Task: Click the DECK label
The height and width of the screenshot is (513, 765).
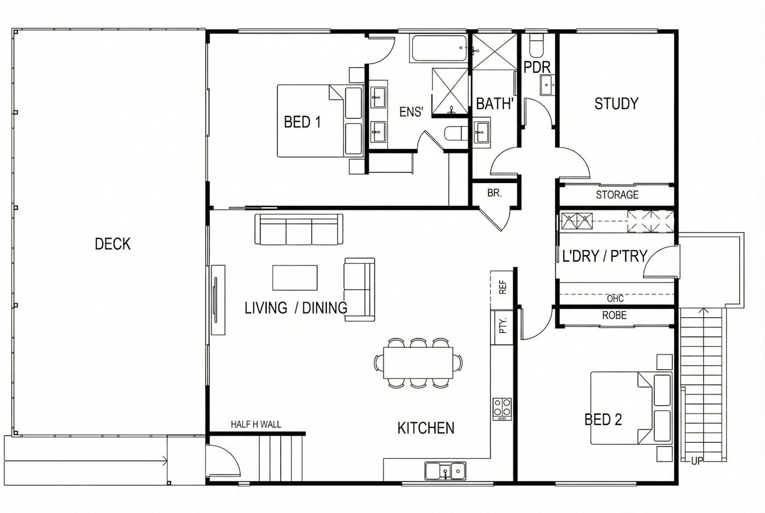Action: coord(113,244)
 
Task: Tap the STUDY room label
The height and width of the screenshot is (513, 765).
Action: coord(616,103)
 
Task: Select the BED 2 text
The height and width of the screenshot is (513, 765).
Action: coord(603,420)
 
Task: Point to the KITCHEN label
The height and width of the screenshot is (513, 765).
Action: coord(426,428)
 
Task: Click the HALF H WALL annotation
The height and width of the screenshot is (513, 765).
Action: coord(256,424)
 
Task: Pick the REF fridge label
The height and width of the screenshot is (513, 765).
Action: coord(502,287)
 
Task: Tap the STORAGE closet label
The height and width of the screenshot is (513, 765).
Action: coord(617,194)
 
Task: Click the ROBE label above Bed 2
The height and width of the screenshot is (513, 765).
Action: coord(614,315)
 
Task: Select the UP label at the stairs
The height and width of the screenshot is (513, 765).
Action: coord(697,461)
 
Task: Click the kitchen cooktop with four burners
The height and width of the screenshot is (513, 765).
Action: coord(502,409)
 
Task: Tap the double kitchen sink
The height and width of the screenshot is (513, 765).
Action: coord(445,471)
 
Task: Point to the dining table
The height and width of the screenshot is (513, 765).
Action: coord(418,363)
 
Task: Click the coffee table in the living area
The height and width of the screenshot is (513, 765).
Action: coord(295,278)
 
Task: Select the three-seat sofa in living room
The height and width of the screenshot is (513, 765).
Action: coord(299,229)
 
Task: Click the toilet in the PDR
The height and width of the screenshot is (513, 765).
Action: coord(537,45)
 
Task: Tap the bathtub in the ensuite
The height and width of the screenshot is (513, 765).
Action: coord(438,48)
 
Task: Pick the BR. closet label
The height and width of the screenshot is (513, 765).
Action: coord(494,193)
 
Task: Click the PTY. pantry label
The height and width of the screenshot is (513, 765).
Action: coord(502,326)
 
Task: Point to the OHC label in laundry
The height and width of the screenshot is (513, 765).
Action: coord(615,299)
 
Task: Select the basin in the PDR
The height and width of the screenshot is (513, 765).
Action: coord(546,85)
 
